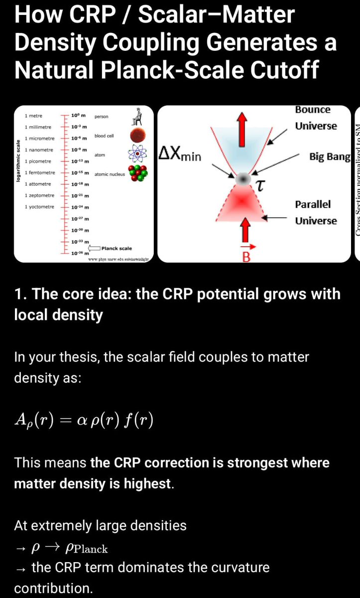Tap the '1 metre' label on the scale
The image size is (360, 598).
34,116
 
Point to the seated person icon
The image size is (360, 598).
134,117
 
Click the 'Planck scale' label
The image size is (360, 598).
117,248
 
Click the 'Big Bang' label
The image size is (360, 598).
330,157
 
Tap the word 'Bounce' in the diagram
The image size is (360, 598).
313,109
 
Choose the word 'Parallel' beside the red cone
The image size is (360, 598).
313,204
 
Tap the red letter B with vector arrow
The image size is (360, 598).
245,256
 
